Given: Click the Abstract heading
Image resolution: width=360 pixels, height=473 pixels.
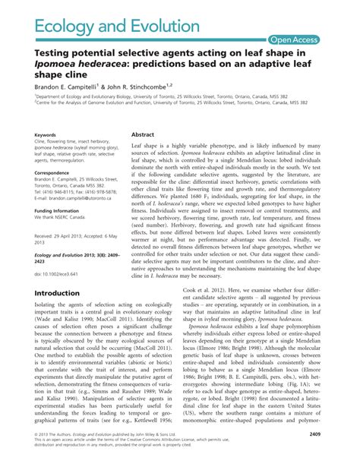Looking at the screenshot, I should [144, 132].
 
